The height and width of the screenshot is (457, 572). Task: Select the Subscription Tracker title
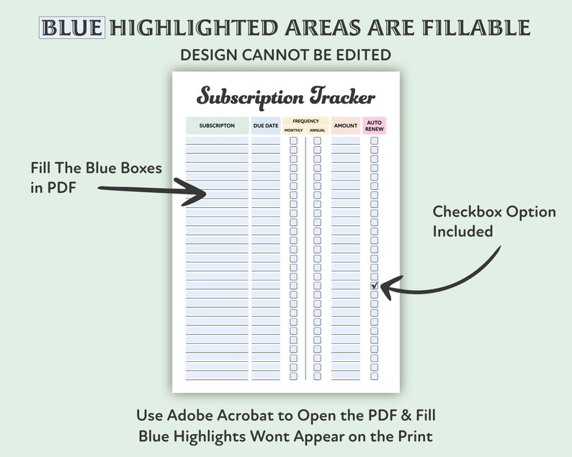286,96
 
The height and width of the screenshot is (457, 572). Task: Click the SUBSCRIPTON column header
217,126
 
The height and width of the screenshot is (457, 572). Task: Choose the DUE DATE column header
266,126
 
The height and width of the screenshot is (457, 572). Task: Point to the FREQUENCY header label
305,121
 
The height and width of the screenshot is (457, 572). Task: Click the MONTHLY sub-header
294,130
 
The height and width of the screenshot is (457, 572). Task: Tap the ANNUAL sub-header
318,130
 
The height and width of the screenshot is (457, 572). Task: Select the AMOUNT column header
346,126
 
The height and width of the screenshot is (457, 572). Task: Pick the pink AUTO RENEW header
374,126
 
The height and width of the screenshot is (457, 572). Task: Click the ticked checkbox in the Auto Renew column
375,286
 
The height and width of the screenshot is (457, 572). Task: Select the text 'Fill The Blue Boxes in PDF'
96,177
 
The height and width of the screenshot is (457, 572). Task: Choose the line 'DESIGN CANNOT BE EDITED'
285,54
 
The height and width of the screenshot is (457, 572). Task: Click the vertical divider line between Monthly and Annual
305,259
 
